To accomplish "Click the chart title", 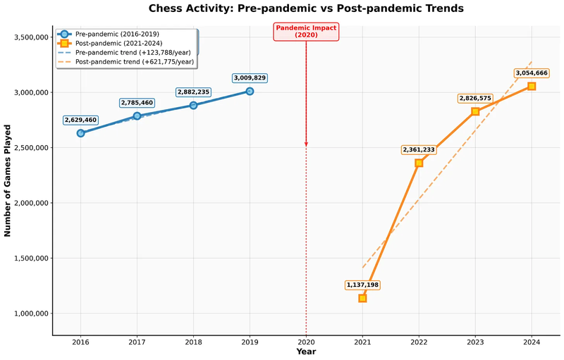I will [x=306, y=8].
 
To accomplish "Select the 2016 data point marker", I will [x=80, y=133].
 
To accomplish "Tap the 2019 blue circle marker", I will [x=250, y=91].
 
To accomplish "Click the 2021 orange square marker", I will [x=362, y=298].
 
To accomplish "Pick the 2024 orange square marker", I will [x=532, y=86].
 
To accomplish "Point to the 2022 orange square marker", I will [x=419, y=163].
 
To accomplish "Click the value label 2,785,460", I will [x=137, y=103].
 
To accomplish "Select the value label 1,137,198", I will [x=362, y=285].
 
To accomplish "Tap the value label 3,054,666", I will [x=532, y=73].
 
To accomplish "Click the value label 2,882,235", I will [x=193, y=92].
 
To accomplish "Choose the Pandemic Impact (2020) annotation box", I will [x=306, y=31].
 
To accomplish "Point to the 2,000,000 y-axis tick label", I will [x=29, y=203].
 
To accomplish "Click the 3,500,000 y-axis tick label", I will [x=29, y=37].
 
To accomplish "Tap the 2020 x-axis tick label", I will [x=306, y=342].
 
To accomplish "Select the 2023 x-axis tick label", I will [x=475, y=342].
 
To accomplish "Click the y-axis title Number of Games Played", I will [x=8, y=180].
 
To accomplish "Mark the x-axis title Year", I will [x=306, y=352].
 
